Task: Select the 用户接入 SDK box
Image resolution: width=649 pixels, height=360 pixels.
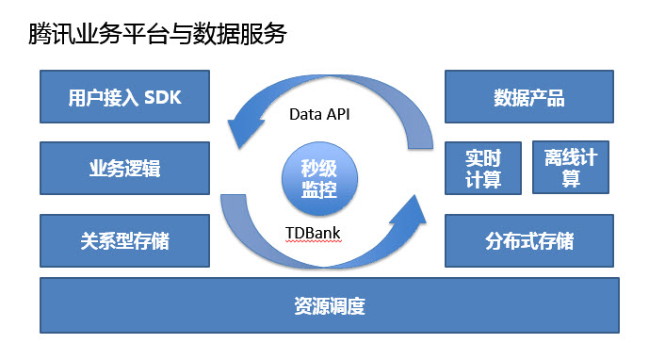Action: [x=124, y=98]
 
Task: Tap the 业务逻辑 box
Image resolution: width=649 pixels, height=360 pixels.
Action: [x=124, y=169]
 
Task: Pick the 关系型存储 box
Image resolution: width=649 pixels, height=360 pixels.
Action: [x=124, y=240]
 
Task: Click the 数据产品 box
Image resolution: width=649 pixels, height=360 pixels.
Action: [x=530, y=98]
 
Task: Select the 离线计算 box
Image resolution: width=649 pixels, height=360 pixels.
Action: [x=571, y=169]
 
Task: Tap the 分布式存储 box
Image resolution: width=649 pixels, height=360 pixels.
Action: [x=530, y=240]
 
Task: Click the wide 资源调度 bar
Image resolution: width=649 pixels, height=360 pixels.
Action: [x=329, y=306]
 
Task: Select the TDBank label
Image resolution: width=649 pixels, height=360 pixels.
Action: [x=311, y=231]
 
